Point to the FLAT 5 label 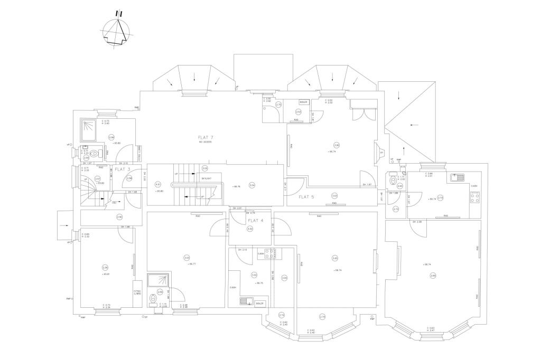(306, 196)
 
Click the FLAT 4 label (256, 220)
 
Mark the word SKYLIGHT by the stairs (207, 178)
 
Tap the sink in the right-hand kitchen (457, 177)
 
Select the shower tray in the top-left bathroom (88, 128)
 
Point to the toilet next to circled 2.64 (392, 179)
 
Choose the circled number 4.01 (157, 184)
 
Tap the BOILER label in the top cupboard (303, 102)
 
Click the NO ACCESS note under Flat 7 (204, 142)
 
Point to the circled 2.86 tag (337, 145)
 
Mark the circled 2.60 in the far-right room (433, 275)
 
